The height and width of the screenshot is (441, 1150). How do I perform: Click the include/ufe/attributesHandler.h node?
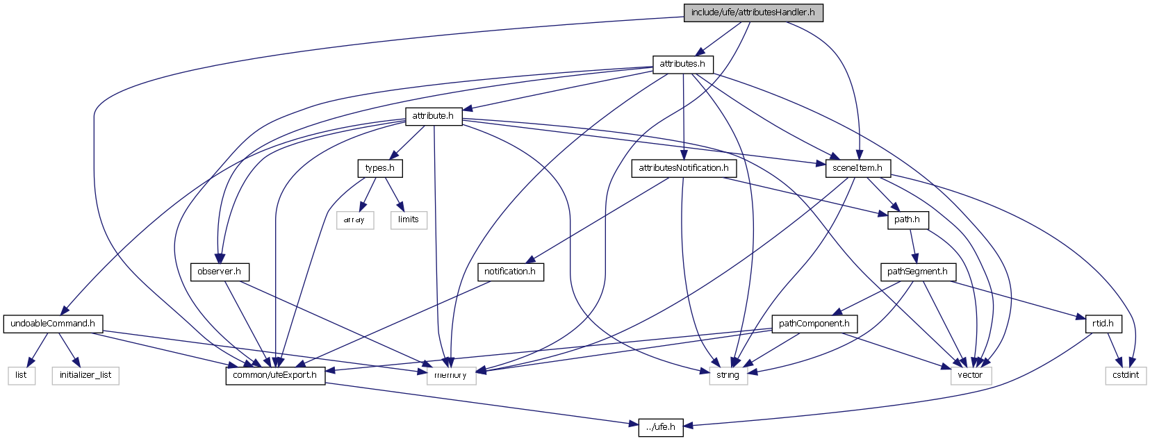753,13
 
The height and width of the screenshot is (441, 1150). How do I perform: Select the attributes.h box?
682,64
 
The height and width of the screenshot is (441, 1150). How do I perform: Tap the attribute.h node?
433,116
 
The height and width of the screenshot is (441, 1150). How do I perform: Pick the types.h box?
379,168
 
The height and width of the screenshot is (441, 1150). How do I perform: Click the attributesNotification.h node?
684,168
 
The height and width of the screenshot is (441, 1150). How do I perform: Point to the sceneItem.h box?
857,168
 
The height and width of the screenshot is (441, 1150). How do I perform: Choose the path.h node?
907,219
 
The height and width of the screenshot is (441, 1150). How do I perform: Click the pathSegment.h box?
917,272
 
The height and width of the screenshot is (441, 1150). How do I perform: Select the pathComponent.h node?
814,324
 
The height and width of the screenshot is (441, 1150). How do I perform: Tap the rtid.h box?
1103,324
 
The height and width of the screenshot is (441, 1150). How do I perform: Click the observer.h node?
219,272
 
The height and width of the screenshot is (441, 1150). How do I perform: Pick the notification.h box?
510,272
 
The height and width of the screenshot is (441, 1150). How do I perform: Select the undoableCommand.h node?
53,324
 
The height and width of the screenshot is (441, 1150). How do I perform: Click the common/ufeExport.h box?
275,376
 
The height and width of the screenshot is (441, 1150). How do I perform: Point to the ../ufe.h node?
661,427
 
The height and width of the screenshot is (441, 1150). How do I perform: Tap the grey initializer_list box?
85,376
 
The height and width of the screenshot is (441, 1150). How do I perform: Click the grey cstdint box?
1126,376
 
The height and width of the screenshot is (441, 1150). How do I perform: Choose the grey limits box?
409,219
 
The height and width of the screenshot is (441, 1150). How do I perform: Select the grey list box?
21,376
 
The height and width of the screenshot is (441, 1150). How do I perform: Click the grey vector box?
970,376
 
